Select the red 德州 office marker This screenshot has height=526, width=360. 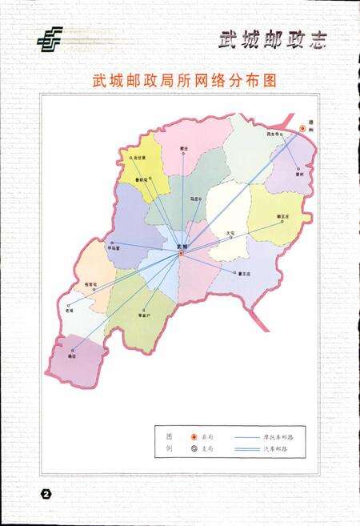point(302,127)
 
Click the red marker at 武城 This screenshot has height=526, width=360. point(182,254)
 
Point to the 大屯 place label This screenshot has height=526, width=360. point(230,233)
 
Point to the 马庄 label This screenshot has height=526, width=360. point(194,198)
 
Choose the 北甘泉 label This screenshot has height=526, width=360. point(141,158)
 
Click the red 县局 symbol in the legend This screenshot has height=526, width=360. point(193,437)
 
